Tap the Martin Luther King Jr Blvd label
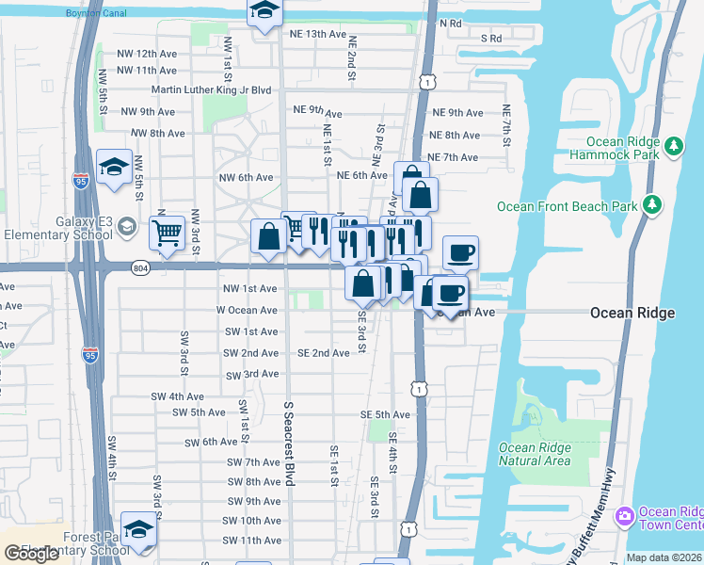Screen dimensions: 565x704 [x=211, y=90]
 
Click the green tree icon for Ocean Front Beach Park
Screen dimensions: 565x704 [x=652, y=204]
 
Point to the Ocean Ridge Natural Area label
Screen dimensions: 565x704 [x=535, y=455]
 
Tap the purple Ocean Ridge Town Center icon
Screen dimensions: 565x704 [x=623, y=517]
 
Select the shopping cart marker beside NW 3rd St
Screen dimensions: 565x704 [x=168, y=232]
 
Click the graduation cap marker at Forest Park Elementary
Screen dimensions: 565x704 [x=138, y=529]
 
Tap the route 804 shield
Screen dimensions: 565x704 [x=140, y=267]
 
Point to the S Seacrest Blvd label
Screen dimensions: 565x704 [x=289, y=442]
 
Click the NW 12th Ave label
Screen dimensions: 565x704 [x=147, y=55]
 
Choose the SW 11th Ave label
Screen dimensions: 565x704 [x=252, y=541]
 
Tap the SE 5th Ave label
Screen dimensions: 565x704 [x=385, y=414]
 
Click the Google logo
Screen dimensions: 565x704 [x=33, y=554]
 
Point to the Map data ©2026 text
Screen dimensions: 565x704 [x=664, y=557]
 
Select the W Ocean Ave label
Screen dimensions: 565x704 [x=247, y=310]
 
